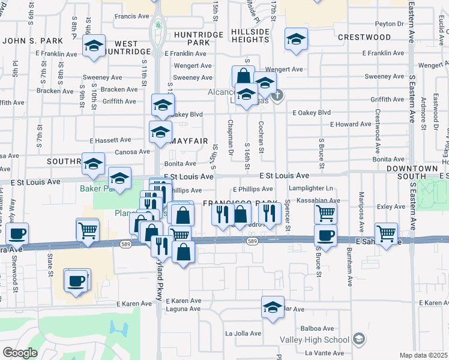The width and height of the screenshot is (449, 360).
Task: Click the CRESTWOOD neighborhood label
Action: [x=364, y=37]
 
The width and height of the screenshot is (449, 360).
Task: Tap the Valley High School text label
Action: [x=315, y=340]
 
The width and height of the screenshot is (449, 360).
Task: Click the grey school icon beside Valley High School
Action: [x=359, y=340]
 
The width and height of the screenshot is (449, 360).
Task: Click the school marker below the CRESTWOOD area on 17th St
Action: [x=295, y=40]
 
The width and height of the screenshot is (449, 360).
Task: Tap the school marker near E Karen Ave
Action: [x=273, y=308]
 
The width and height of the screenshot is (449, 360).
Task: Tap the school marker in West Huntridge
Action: [x=94, y=46]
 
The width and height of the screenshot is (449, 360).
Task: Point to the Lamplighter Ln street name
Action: [x=310, y=188]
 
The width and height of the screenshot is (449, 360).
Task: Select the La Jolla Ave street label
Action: [x=243, y=334]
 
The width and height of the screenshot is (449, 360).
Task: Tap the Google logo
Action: [x=20, y=353]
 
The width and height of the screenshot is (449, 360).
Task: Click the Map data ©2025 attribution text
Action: [x=423, y=355]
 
